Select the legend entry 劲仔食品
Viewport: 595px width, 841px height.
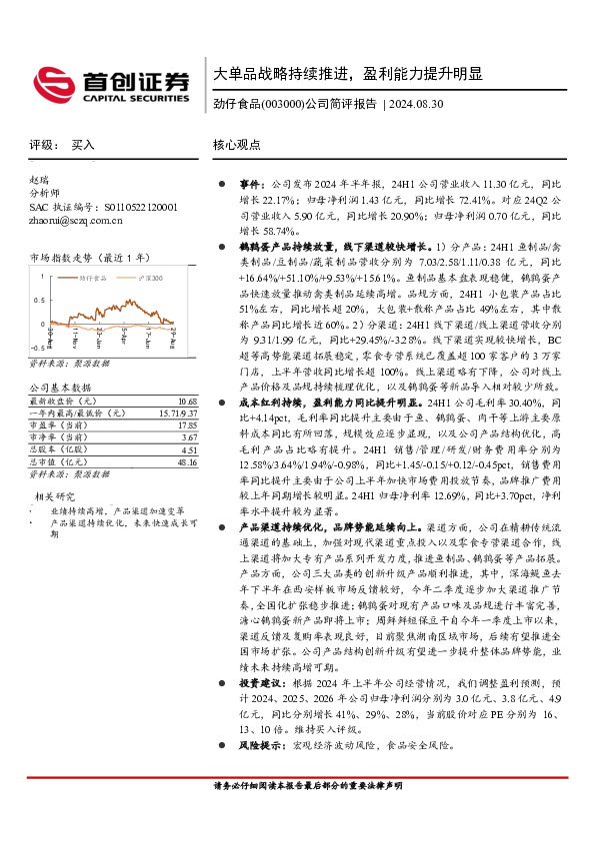[x=99, y=274]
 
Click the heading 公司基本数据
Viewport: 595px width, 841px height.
[x=61, y=387]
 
